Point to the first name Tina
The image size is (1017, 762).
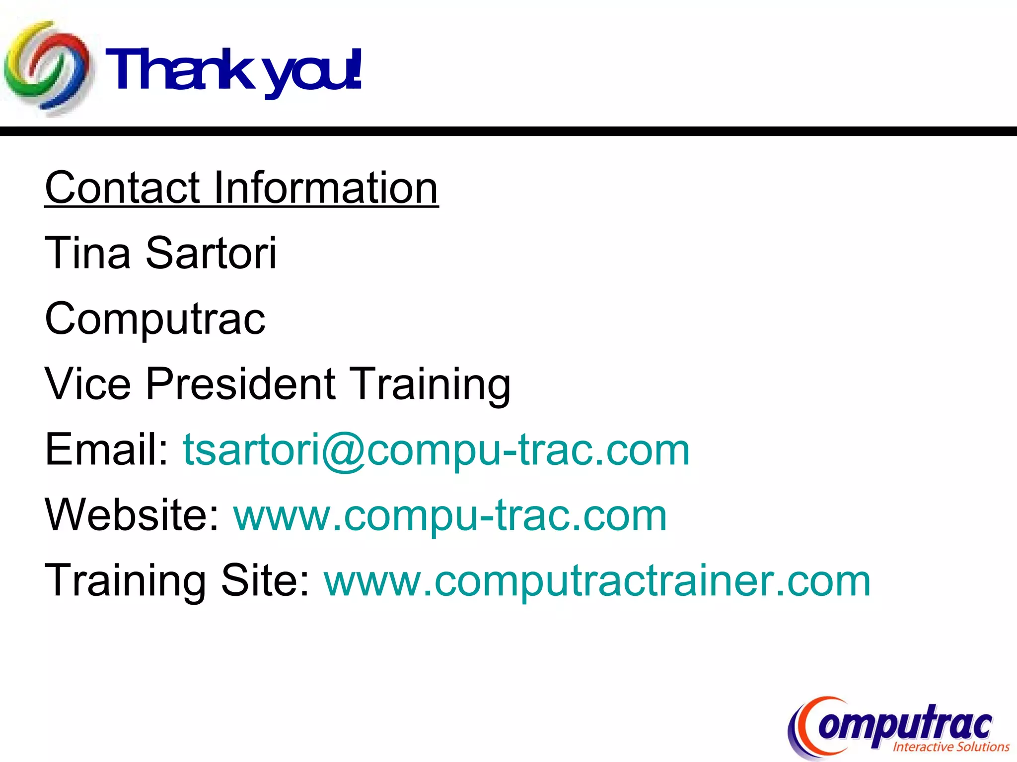87,253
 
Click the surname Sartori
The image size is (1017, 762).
211,253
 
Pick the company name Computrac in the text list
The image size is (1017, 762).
155,319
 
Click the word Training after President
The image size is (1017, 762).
430,384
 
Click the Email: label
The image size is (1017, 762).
107,449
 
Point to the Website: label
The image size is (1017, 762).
132,515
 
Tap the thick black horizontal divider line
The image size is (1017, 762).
508,131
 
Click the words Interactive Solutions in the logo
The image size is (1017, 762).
950,747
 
